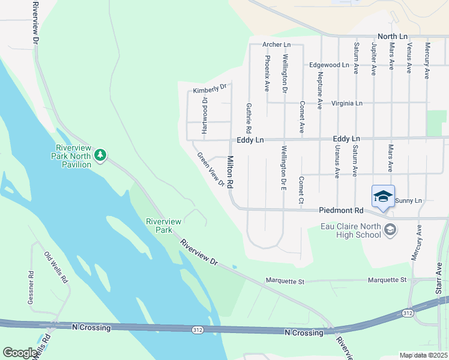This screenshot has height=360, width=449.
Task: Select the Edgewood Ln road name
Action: [329, 65]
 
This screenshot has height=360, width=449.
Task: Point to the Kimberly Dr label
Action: [209, 89]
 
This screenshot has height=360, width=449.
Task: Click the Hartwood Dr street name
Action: [204, 115]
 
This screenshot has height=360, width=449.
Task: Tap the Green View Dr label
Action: [211, 169]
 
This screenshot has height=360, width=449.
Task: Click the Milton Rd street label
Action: [230, 173]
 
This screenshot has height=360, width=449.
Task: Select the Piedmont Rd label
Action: [342, 211]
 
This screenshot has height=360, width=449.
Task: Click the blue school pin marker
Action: [383, 196]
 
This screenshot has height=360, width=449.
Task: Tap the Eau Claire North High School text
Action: [351, 230]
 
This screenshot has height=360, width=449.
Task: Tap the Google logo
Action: [21, 353]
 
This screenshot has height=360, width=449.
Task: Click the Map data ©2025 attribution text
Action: [424, 355]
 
